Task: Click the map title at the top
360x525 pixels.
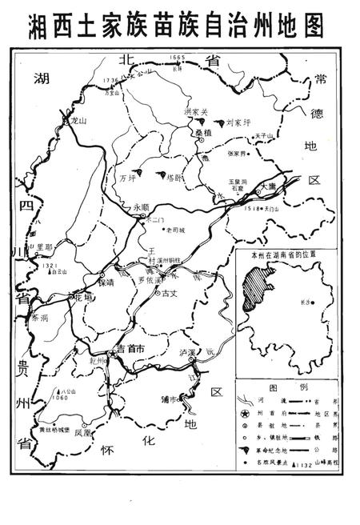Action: point(177,26)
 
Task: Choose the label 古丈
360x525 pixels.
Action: point(169,294)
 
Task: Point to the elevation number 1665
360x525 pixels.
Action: point(178,58)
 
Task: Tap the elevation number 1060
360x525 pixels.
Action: point(58,398)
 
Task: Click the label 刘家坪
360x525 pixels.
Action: point(238,122)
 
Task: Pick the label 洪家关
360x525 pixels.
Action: point(195,111)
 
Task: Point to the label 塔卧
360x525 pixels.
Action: point(174,176)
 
